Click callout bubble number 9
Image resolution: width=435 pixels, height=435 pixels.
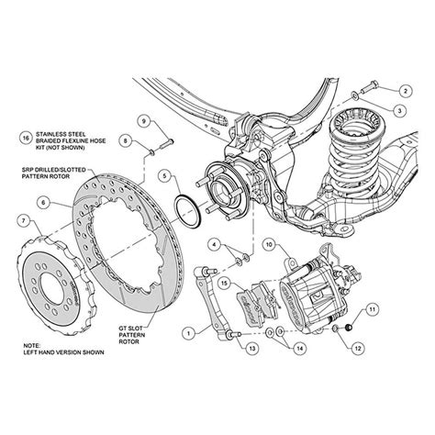[x=143, y=119]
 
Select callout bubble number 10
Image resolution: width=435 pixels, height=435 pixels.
[x=268, y=244]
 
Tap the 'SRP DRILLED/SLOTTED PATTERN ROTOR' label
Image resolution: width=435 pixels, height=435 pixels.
[x=60, y=174]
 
